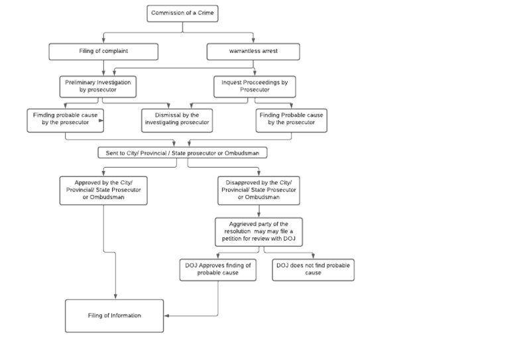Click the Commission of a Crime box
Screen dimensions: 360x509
click(183, 13)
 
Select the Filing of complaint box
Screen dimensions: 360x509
click(103, 51)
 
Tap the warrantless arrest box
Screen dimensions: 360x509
click(253, 51)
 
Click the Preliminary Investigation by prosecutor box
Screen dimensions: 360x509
click(97, 86)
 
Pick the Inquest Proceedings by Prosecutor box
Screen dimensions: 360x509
click(254, 86)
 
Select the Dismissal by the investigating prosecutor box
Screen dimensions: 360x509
click(177, 119)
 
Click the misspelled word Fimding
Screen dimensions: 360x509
click(44, 115)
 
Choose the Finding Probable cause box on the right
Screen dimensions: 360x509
click(292, 119)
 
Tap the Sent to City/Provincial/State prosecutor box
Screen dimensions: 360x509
click(182, 153)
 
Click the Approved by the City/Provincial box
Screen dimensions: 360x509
click(103, 190)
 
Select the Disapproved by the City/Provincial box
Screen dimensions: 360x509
click(258, 190)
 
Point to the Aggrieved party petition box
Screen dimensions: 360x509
click(258, 231)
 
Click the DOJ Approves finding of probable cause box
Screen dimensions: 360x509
click(218, 269)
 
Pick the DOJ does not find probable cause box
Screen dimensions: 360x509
click(313, 269)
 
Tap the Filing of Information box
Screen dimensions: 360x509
click(114, 316)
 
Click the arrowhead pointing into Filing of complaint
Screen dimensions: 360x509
click(103, 41)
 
